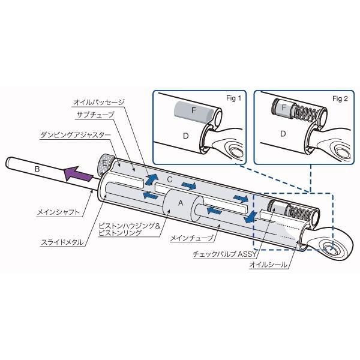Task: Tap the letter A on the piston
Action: click(x=178, y=203)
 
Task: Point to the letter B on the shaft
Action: click(x=38, y=170)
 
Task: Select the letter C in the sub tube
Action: click(x=170, y=178)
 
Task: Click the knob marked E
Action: click(x=104, y=163)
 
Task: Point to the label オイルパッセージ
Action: click(x=98, y=103)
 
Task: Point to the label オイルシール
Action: click(x=267, y=263)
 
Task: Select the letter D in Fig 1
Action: click(x=185, y=135)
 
